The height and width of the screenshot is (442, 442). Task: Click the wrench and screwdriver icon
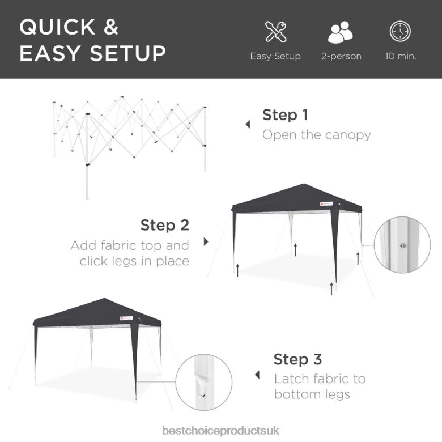point(275,32)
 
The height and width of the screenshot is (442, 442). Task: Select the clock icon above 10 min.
point(400,32)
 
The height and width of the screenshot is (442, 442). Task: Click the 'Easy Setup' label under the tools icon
point(275,57)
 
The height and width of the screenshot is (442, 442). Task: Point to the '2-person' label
point(341,57)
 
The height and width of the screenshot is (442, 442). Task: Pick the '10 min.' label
point(401,57)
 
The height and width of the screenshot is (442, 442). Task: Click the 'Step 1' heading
point(285,115)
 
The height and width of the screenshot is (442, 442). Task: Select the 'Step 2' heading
point(165,225)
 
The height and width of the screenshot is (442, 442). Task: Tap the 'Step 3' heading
point(297,359)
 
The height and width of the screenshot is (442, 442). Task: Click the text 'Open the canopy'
point(316,135)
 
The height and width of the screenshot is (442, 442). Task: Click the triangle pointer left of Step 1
point(248,125)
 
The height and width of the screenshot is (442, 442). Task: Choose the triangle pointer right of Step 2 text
point(206,241)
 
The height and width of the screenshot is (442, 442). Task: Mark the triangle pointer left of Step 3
point(258,375)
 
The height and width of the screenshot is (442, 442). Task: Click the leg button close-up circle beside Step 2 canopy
point(402,245)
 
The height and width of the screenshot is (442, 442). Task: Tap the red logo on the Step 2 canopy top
point(321,202)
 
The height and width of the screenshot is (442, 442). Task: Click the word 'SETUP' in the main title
point(127,53)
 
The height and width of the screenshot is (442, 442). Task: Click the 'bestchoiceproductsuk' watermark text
point(220,431)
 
